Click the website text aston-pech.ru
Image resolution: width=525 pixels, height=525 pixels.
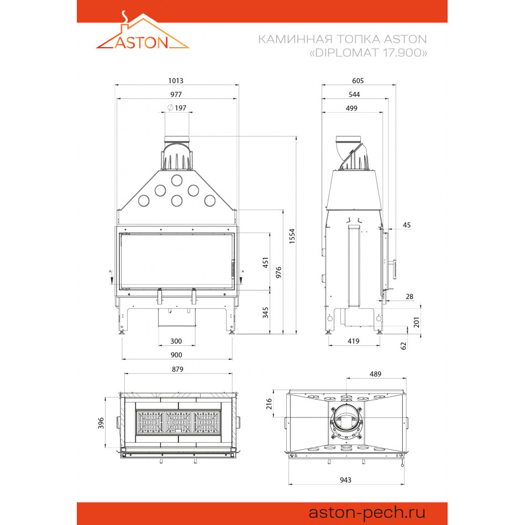coord(366,512)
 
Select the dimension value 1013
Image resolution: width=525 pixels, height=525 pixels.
coord(176,81)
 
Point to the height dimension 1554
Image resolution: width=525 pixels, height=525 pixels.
coord(292,236)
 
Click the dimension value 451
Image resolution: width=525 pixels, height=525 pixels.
coord(265,263)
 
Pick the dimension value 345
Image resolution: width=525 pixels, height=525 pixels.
coord(265,312)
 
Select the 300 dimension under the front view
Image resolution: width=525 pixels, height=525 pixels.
coord(176,341)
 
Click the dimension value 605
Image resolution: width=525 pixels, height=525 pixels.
coord(358,81)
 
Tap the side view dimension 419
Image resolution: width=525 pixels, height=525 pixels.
coord(354,341)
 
